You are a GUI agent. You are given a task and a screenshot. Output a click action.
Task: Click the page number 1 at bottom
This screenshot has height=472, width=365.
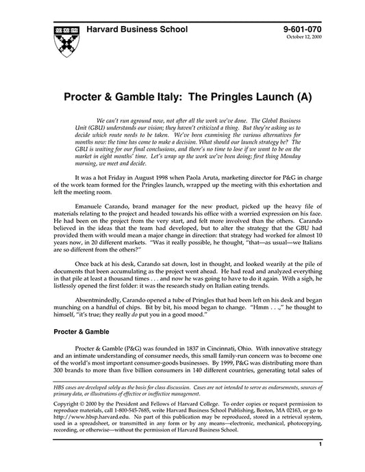tap(320, 463)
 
